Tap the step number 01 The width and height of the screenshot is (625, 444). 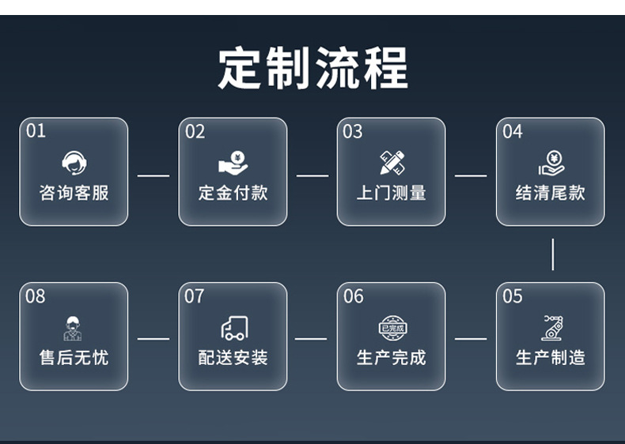pyautogui.click(x=36, y=131)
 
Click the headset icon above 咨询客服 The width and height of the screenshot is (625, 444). pyautogui.click(x=74, y=163)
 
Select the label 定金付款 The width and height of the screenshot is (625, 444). pyautogui.click(x=233, y=193)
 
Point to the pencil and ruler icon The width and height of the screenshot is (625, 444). pyautogui.click(x=392, y=162)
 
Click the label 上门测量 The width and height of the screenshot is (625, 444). pyautogui.click(x=392, y=193)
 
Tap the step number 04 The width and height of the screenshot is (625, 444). pyautogui.click(x=513, y=131)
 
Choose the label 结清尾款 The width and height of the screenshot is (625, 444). pyautogui.click(x=551, y=193)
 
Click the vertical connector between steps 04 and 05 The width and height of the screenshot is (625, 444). pyautogui.click(x=552, y=254)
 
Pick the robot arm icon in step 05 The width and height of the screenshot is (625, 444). pyautogui.click(x=551, y=327)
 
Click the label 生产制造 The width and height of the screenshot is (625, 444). pyautogui.click(x=551, y=358)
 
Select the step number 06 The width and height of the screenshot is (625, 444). pyautogui.click(x=354, y=296)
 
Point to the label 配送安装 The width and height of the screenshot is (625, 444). pyautogui.click(x=233, y=358)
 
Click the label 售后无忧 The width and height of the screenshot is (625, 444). pyautogui.click(x=74, y=358)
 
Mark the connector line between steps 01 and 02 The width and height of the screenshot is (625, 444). pyautogui.click(x=153, y=175)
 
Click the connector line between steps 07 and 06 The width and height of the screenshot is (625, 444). pyautogui.click(x=312, y=339)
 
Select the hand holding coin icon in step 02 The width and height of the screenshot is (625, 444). pyautogui.click(x=233, y=163)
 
